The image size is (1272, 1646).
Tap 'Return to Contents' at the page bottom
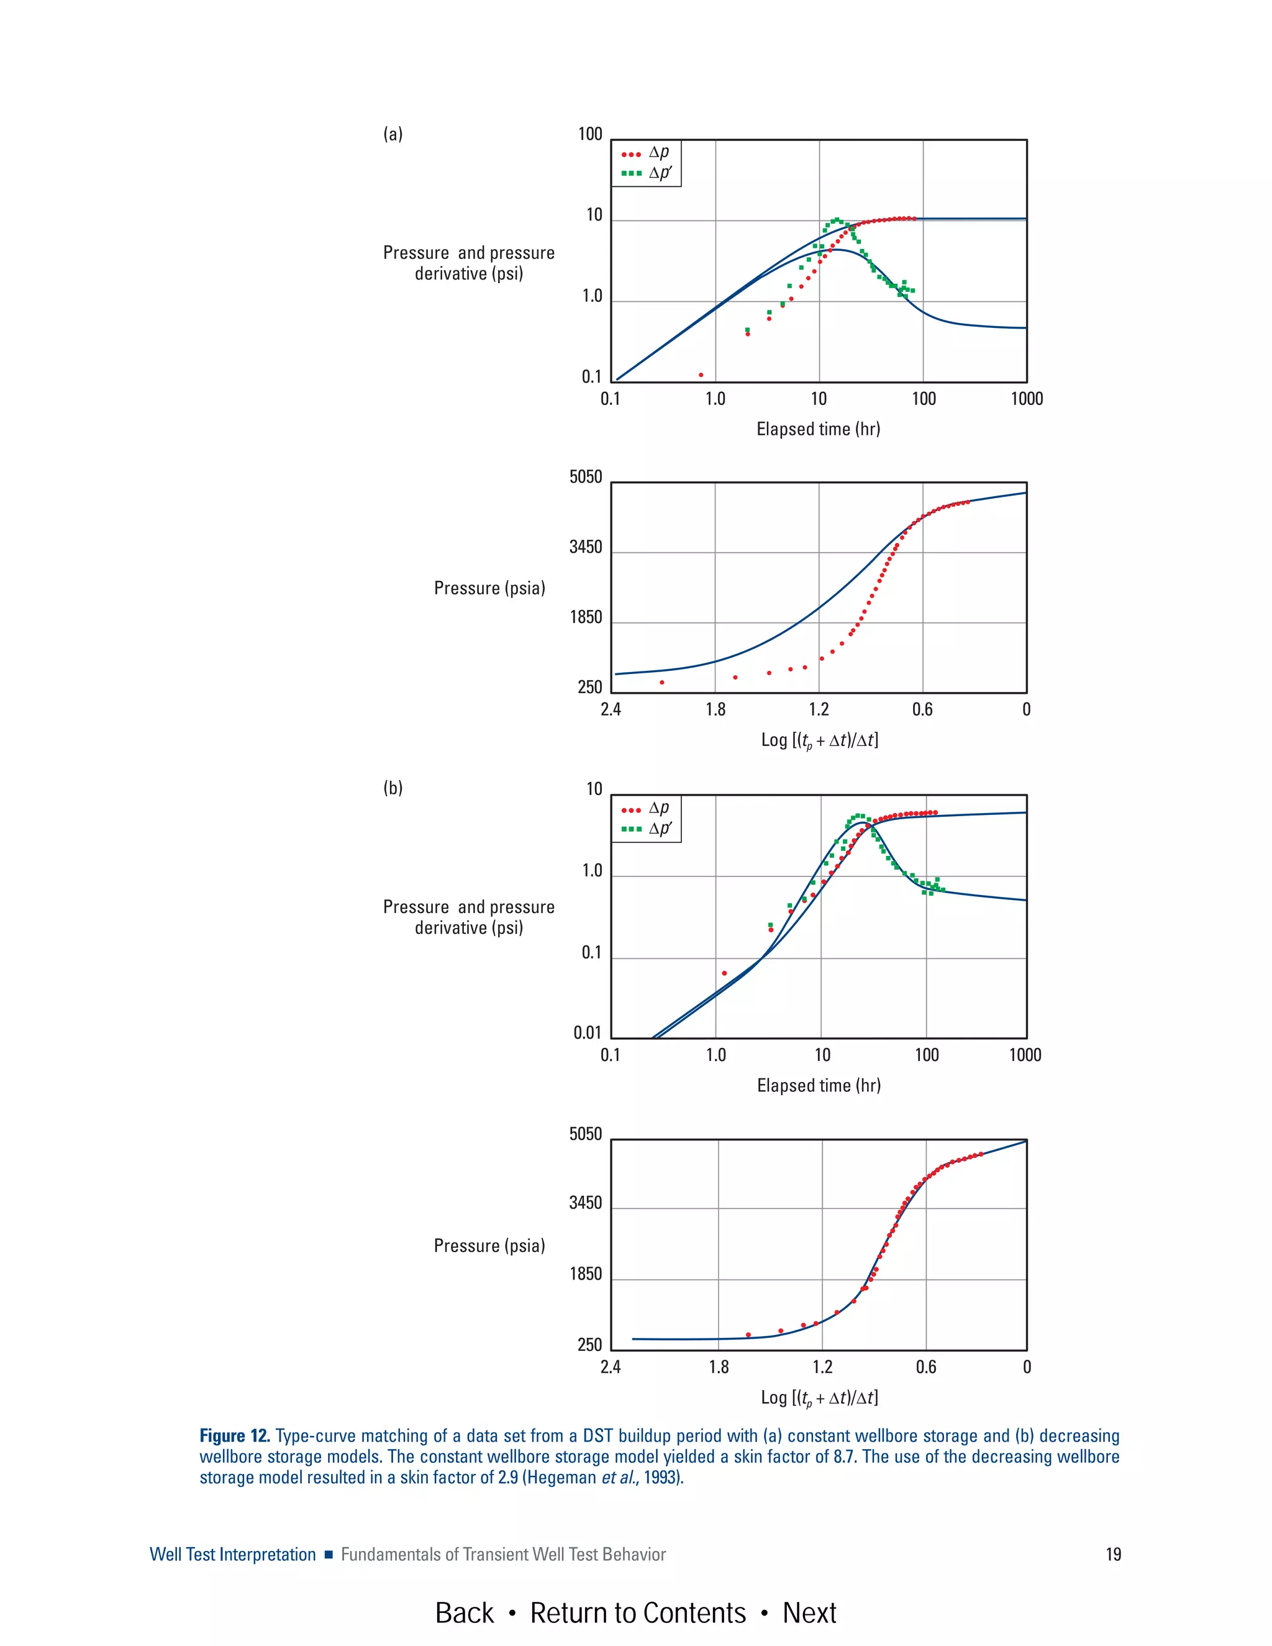(x=637, y=1613)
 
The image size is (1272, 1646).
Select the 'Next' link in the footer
(x=809, y=1613)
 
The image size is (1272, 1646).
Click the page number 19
(x=1113, y=1554)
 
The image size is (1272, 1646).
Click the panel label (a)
(x=393, y=134)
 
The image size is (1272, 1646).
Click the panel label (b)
(x=393, y=788)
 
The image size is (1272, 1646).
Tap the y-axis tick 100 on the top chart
(x=590, y=134)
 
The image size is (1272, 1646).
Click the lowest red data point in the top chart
(x=701, y=375)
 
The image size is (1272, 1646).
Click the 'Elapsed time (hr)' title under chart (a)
(x=819, y=429)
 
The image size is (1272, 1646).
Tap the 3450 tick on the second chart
(x=586, y=547)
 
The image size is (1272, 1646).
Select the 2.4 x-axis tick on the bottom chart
(x=611, y=1366)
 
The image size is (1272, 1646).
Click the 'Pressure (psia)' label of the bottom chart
(x=489, y=1245)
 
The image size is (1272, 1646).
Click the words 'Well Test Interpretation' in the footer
(x=233, y=1554)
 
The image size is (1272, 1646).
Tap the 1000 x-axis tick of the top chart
(x=1026, y=399)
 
